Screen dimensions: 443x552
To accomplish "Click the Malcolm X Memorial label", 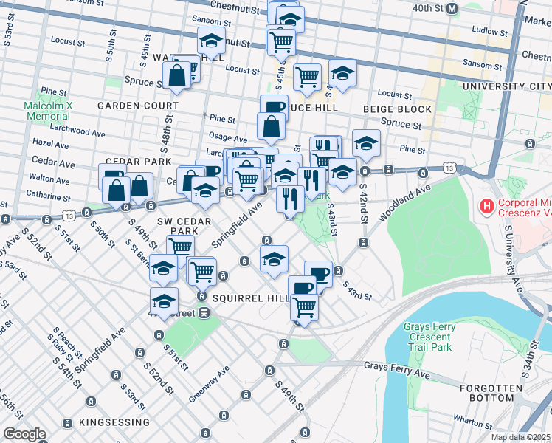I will pos(47,111).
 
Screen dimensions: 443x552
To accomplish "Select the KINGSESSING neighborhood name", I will pos(115,422).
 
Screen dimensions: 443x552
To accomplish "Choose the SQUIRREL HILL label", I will pos(249,297).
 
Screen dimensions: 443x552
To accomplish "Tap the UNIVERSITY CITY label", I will pos(507,86).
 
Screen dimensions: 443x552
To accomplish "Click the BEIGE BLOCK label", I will pos(397,109).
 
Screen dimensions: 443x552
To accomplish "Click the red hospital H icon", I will pos(487,205).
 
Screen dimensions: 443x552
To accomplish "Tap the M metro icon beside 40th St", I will pos(452,8).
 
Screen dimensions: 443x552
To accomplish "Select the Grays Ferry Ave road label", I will pos(397,365).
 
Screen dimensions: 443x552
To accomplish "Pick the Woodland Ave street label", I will pos(404,202).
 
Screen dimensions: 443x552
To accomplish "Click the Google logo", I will pos(25,434).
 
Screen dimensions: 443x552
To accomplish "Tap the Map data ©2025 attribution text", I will pos(521,437).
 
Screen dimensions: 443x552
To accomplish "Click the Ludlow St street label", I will pos(486,31).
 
